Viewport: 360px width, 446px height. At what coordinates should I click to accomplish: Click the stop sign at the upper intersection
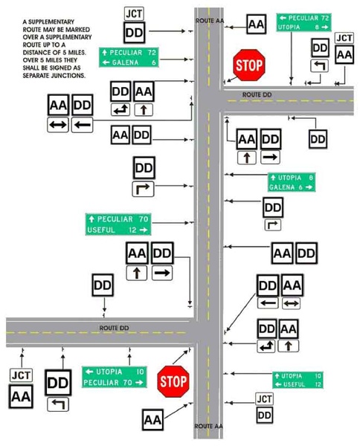[x=248, y=65]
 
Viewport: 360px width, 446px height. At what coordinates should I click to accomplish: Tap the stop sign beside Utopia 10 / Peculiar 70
[x=173, y=381]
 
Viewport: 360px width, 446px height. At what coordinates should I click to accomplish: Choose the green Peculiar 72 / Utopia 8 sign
[x=303, y=21]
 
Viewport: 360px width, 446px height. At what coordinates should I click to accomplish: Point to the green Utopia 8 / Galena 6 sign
[x=291, y=182]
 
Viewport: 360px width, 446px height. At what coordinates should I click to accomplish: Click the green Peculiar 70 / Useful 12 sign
[x=118, y=224]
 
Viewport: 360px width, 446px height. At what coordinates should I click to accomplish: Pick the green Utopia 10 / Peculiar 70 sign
[x=113, y=377]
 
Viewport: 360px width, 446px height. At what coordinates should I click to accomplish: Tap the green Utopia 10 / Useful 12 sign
[x=298, y=380]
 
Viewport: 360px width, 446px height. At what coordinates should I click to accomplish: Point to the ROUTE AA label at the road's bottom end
[x=208, y=426]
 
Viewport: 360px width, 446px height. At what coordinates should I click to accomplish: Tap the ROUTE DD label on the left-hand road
[x=115, y=327]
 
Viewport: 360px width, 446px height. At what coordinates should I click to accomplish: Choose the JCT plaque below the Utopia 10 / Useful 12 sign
[x=264, y=399]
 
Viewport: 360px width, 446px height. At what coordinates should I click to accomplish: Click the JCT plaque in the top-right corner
[x=344, y=38]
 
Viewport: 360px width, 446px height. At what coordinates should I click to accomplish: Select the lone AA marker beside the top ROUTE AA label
[x=256, y=25]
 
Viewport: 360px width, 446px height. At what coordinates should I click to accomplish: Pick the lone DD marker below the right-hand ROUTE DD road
[x=318, y=138]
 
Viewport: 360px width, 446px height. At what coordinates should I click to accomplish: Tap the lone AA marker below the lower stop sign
[x=152, y=420]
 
